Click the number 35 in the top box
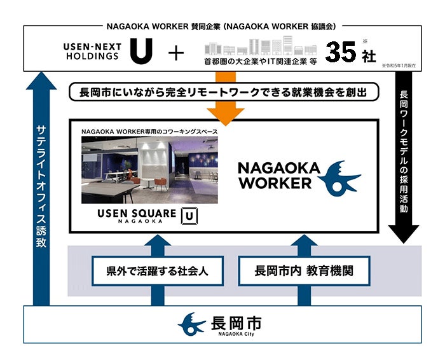click(341, 52)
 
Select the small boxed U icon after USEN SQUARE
click(188, 215)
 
